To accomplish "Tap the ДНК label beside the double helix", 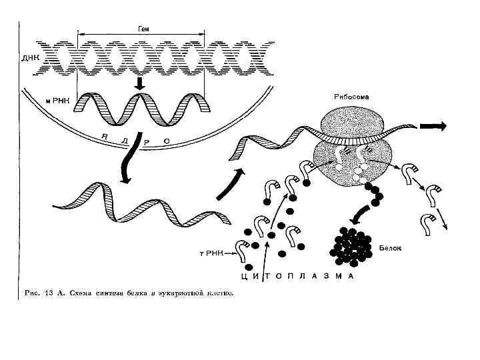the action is pyautogui.click(x=31, y=58).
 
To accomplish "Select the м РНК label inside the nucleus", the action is pyautogui.click(x=57, y=100).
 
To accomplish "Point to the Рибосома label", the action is pyautogui.click(x=351, y=97).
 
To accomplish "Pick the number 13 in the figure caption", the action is pyautogui.click(x=49, y=292).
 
